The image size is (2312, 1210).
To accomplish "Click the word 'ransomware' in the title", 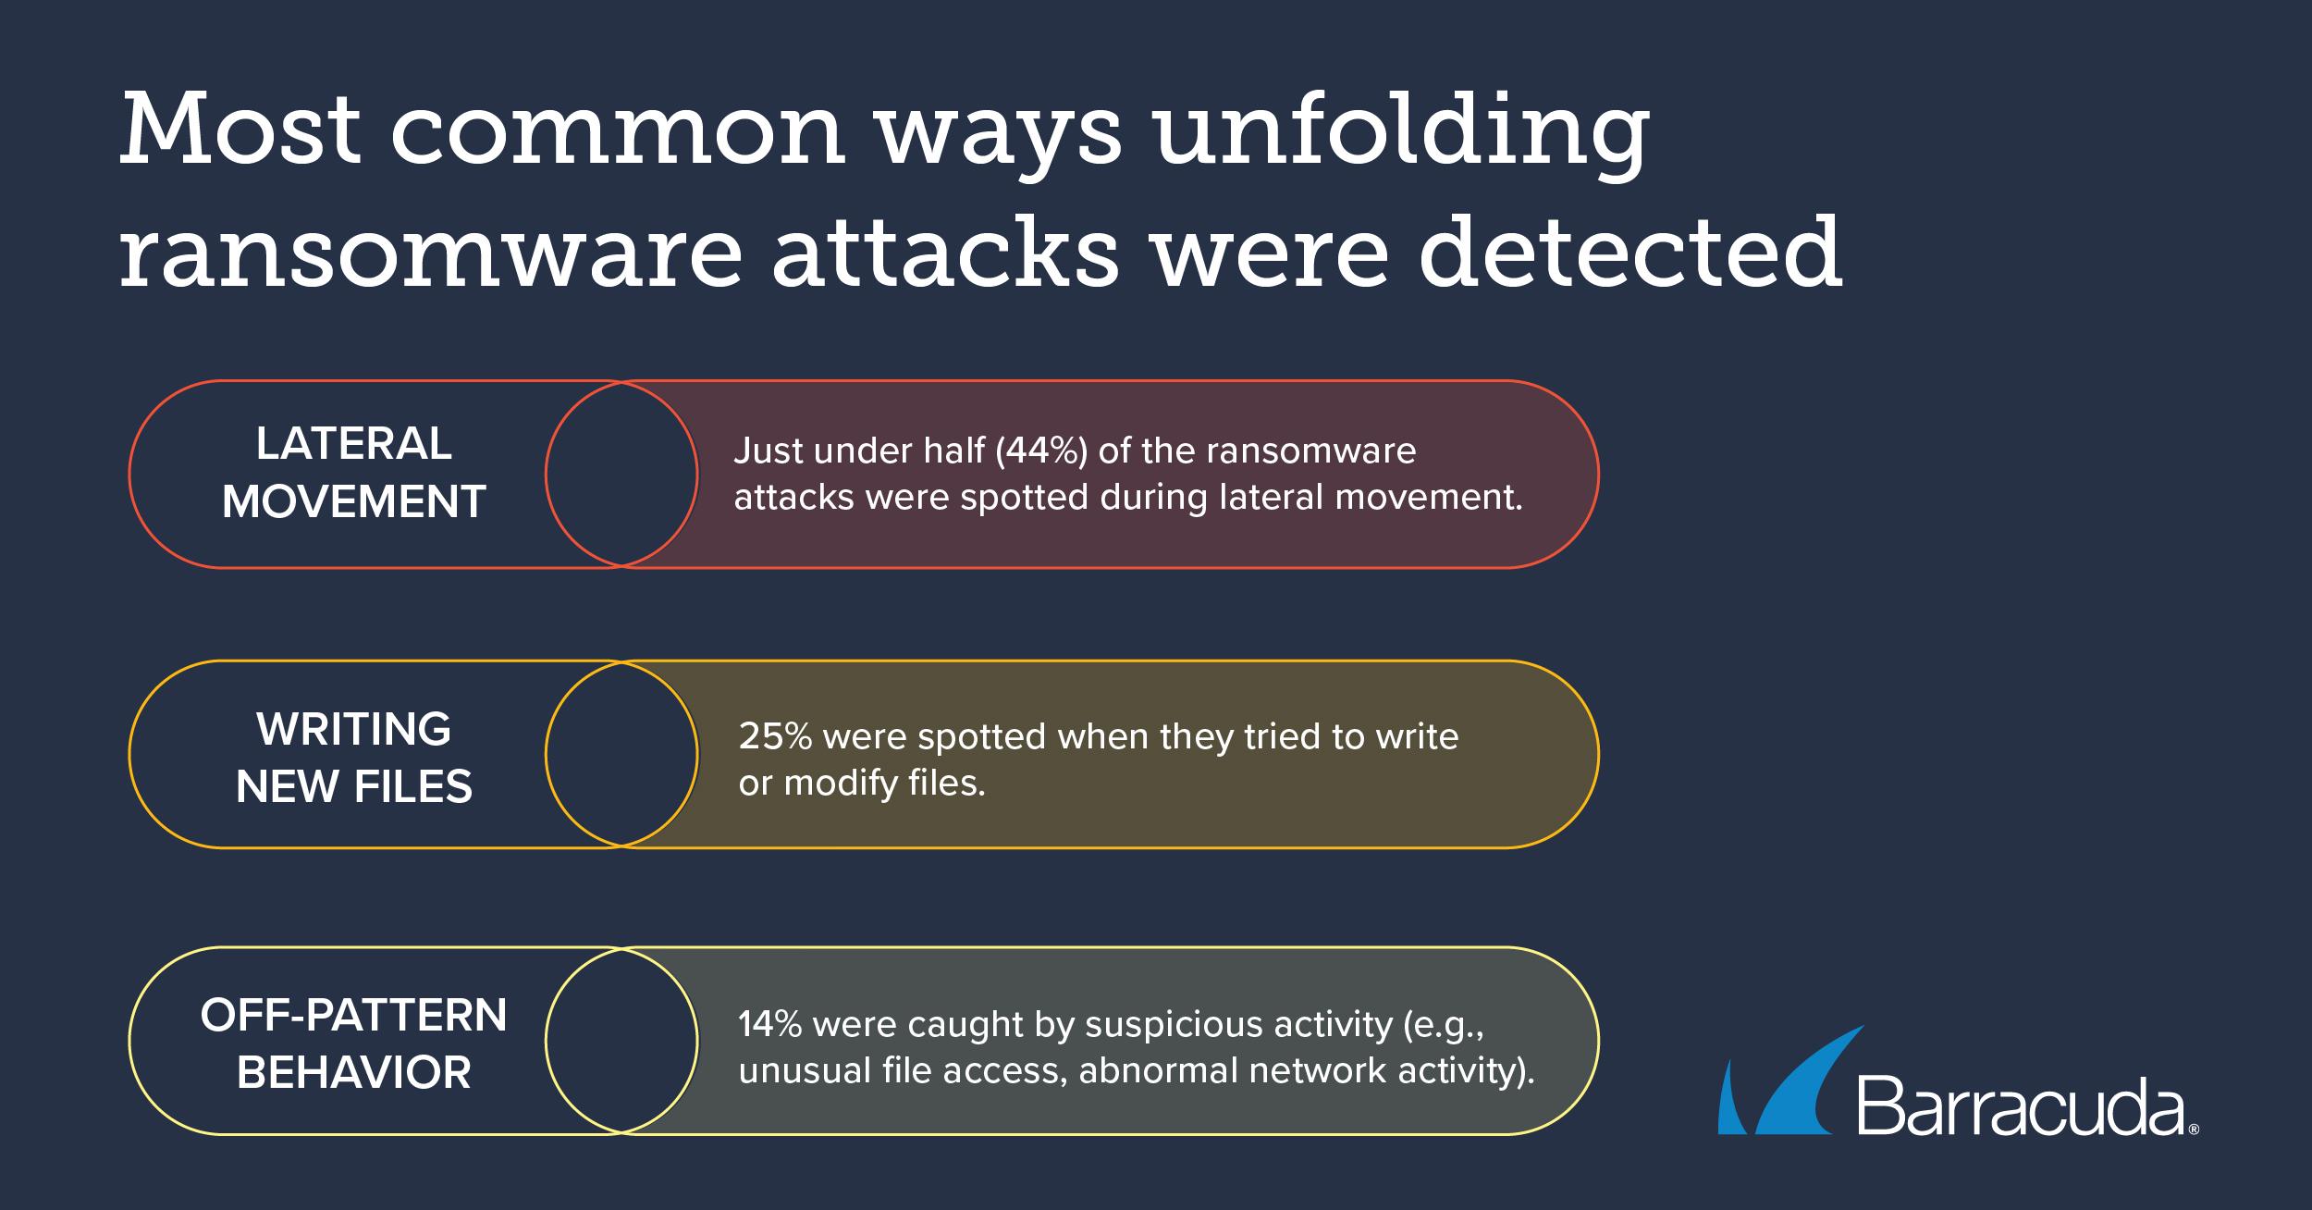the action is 431,252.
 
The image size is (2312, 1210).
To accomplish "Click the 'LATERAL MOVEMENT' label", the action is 354,473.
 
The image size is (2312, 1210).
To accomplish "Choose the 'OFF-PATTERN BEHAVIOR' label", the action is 354,1043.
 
